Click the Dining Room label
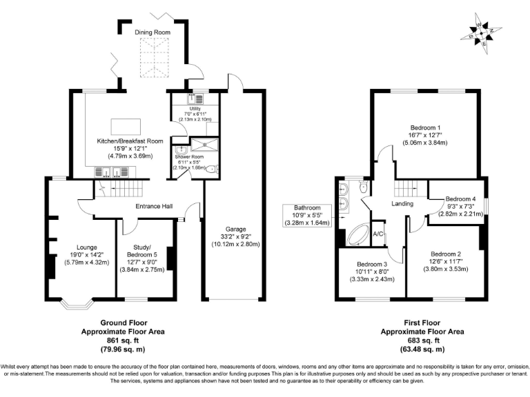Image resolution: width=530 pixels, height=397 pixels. (x=153, y=32)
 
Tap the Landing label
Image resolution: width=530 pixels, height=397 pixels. (x=402, y=204)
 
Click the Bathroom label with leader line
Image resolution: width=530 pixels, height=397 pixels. (x=307, y=207)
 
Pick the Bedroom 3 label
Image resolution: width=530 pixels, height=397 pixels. (x=371, y=265)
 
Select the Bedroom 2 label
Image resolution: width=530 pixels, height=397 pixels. (x=445, y=254)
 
